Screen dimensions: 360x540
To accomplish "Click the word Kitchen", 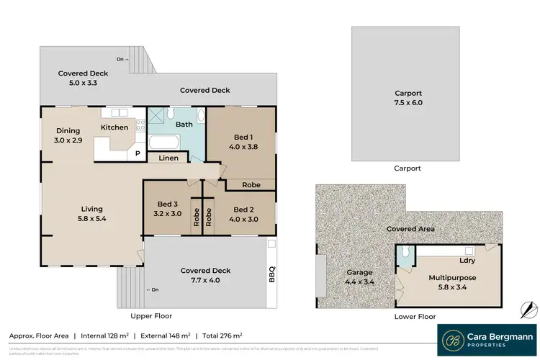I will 114,127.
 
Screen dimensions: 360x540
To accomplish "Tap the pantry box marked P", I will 135,154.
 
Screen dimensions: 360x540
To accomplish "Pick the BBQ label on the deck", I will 271,274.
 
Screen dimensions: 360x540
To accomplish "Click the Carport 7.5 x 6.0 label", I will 408,98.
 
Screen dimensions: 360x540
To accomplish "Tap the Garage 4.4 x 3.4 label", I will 359,277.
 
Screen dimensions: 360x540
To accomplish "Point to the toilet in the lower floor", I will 407,252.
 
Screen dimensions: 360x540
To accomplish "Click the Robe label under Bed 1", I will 251,184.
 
